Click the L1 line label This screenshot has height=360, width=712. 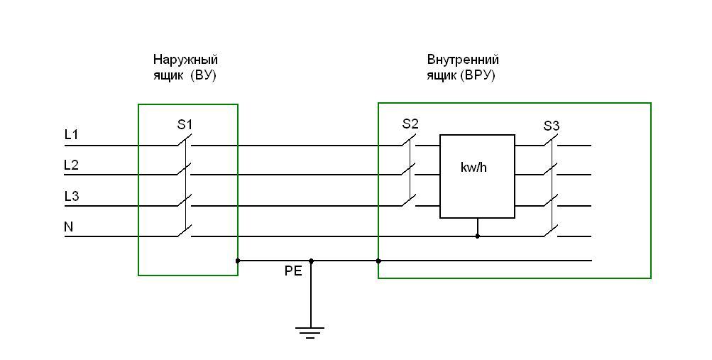coord(71,133)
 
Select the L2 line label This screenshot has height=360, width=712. coord(71,165)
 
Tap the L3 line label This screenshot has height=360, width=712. coord(71,196)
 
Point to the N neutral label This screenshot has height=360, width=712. coord(69,227)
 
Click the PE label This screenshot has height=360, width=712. coord(293,271)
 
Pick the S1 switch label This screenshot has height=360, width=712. coord(185,125)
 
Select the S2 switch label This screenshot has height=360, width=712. coord(410,124)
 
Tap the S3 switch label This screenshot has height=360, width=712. coord(552,126)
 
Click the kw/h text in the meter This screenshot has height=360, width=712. coord(473,168)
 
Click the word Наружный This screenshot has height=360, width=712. coord(185,60)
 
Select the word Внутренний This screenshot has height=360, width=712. coord(463,60)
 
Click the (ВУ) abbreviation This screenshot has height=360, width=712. coord(203,75)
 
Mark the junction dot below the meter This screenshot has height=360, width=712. coord(477,236)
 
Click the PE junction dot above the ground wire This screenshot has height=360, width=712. coord(311,261)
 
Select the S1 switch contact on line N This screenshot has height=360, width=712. coord(184,231)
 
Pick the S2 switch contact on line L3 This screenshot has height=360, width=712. coord(408,201)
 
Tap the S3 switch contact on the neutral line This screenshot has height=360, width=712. coord(550,231)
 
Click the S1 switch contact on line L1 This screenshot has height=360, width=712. coord(184,141)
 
